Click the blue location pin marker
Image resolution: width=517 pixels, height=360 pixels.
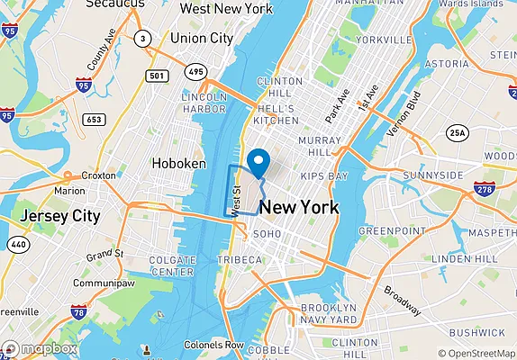tap(259, 163)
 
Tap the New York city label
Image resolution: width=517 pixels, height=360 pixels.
tap(299, 208)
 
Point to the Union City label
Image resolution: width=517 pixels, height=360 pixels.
tap(202, 39)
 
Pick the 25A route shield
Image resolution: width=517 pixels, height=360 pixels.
tap(459, 132)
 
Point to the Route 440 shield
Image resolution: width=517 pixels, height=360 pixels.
tap(17, 245)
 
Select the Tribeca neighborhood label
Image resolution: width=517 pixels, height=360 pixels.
tap(240, 260)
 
